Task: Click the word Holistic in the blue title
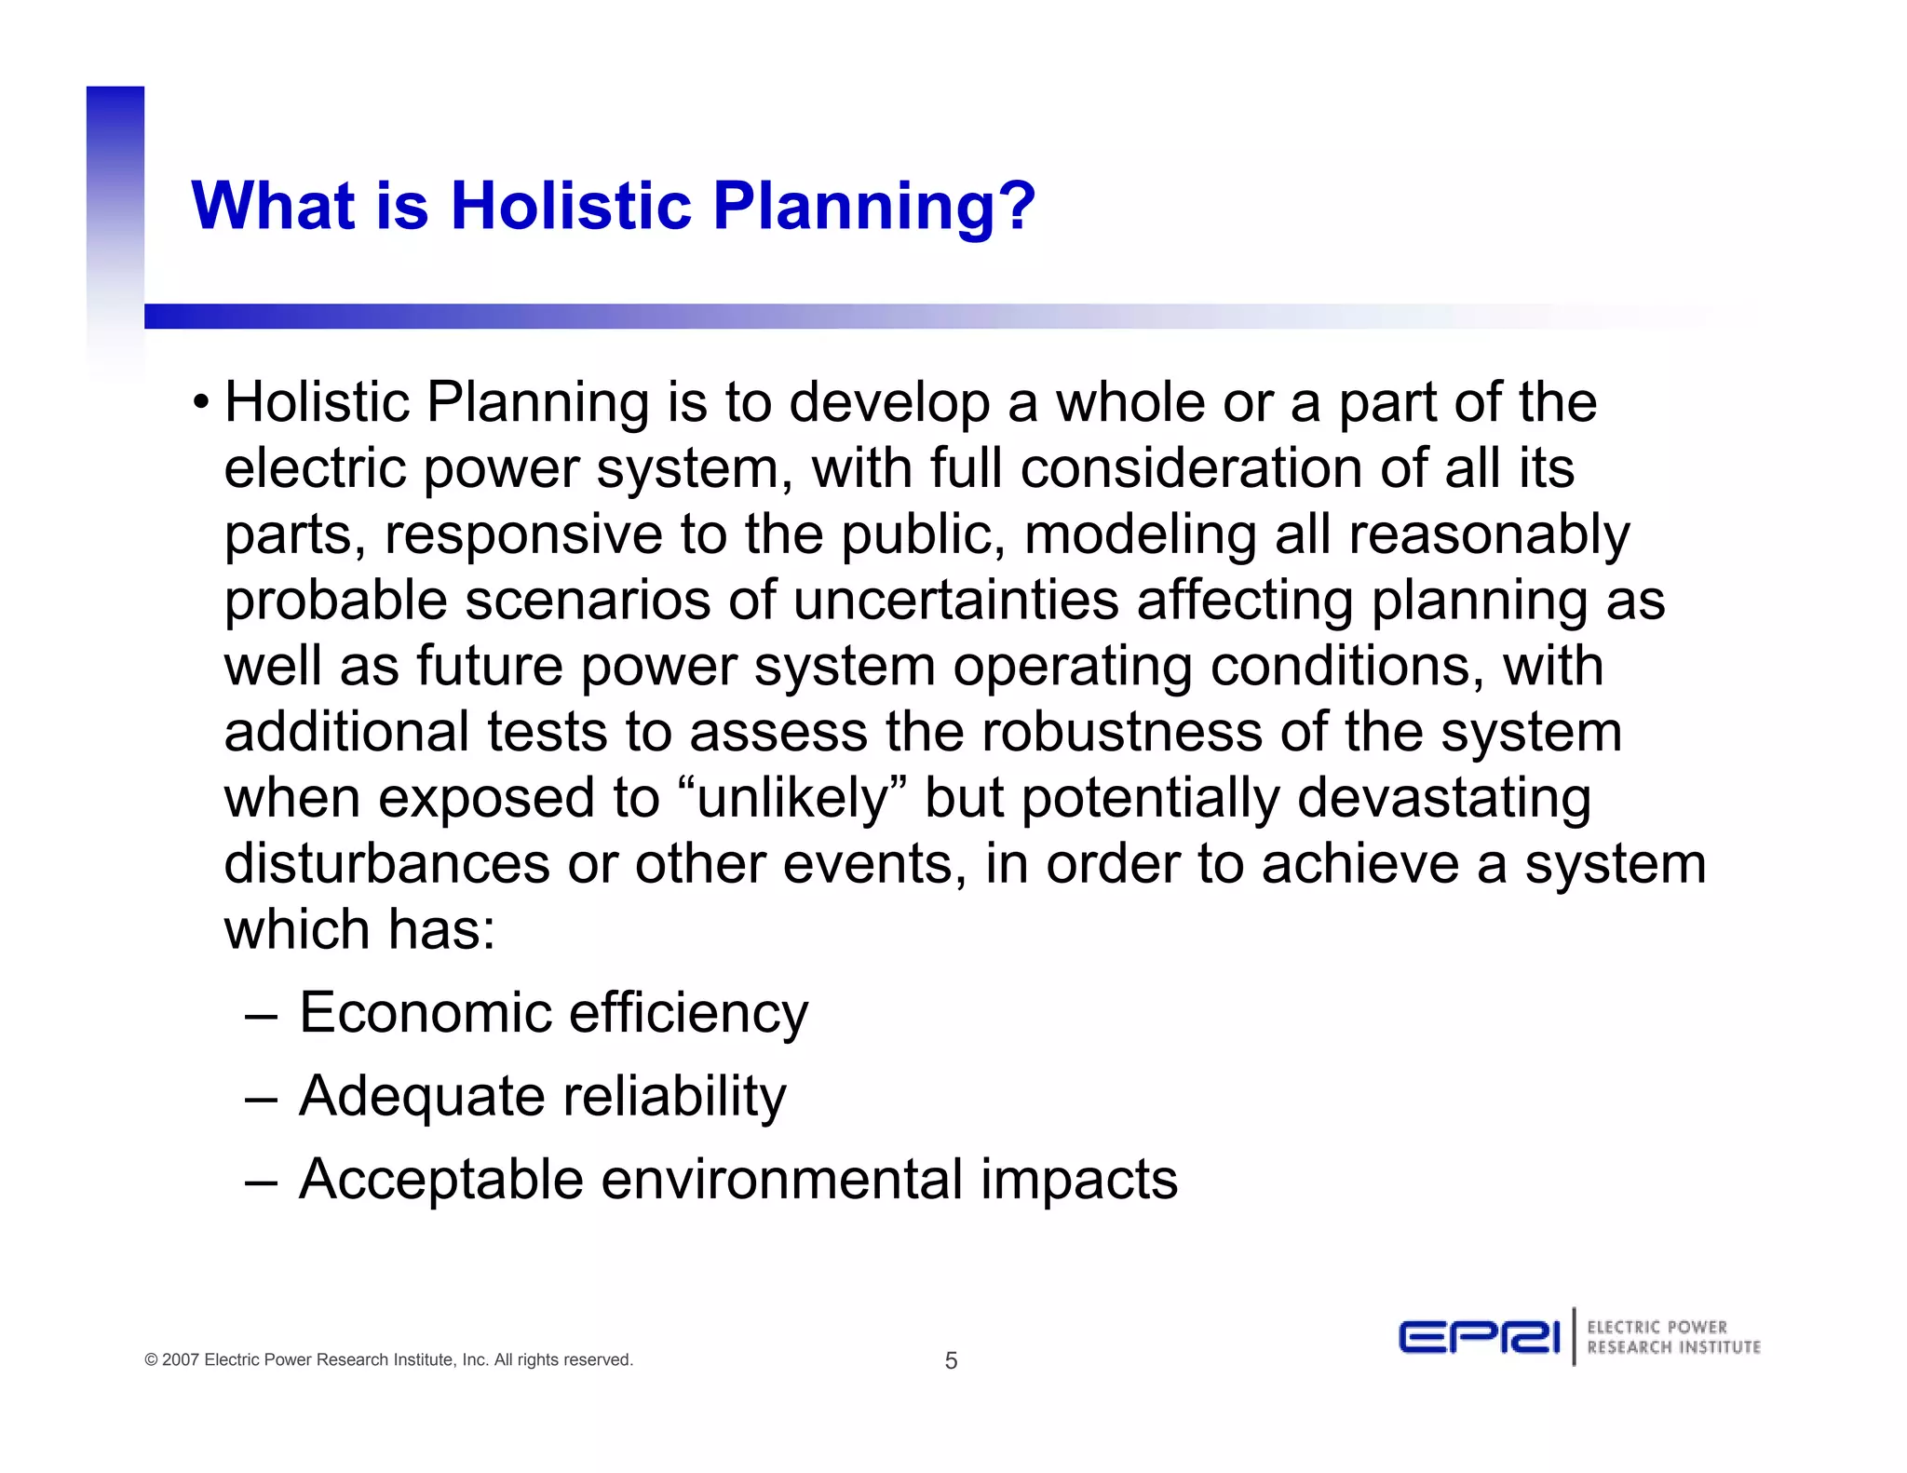(x=572, y=205)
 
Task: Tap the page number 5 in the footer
(x=951, y=1360)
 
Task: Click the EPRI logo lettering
(x=1478, y=1338)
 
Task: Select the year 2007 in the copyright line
(x=181, y=1359)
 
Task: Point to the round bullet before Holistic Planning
(x=200, y=404)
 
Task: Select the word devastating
(x=1444, y=799)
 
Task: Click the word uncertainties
(x=955, y=601)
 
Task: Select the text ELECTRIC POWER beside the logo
(x=1657, y=1327)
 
